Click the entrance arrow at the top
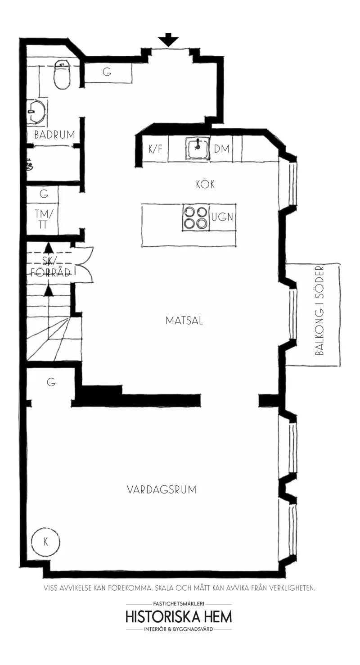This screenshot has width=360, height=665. [x=168, y=40]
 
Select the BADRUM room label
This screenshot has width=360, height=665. [x=54, y=135]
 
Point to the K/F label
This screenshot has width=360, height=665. [x=155, y=149]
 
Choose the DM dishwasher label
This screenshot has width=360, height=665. [x=222, y=149]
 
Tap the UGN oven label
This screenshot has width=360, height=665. [x=223, y=217]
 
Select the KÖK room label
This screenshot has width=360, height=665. [x=205, y=185]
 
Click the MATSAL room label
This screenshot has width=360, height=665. [x=184, y=321]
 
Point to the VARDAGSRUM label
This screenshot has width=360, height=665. [x=162, y=490]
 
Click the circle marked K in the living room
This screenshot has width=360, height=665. [x=45, y=542]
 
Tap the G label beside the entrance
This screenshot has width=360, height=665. [x=107, y=72]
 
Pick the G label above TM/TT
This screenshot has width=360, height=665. [x=44, y=195]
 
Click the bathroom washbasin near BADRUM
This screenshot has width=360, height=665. [x=36, y=111]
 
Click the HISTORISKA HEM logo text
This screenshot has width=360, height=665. [x=179, y=616]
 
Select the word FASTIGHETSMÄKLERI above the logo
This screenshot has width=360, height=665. [x=179, y=604]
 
